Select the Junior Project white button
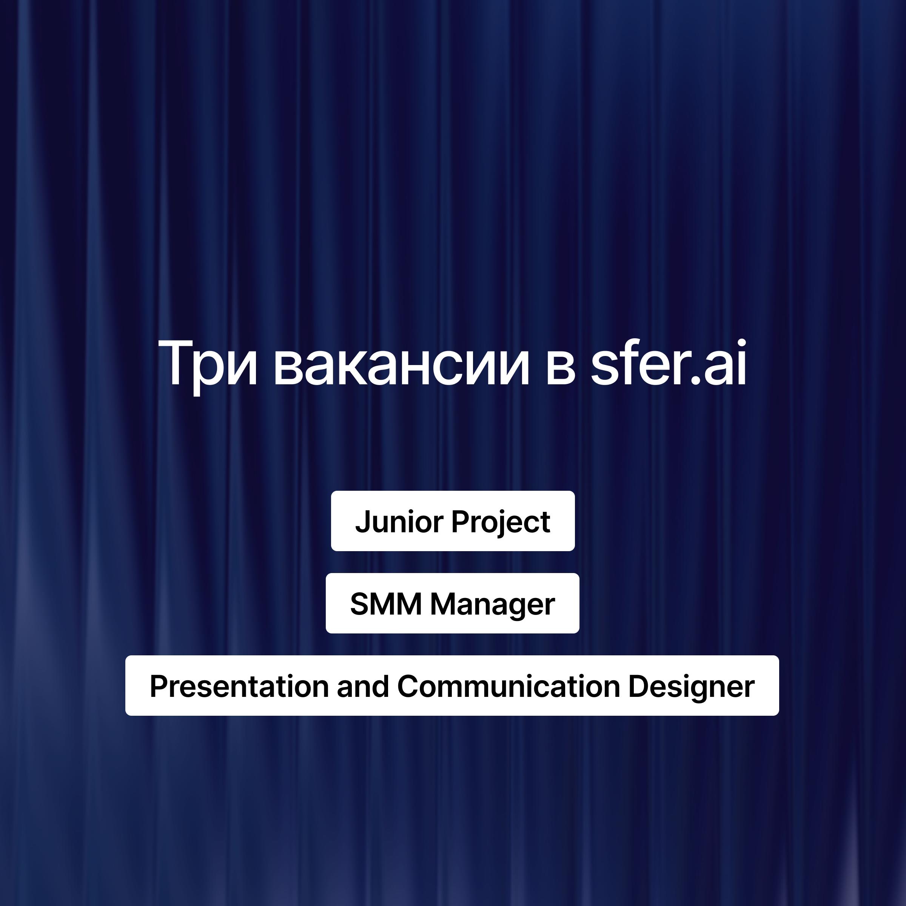coord(453,521)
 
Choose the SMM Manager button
coord(453,603)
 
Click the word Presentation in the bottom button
coord(239,686)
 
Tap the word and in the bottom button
coord(363,686)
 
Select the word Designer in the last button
coord(691,687)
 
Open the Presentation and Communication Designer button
coord(452,686)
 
